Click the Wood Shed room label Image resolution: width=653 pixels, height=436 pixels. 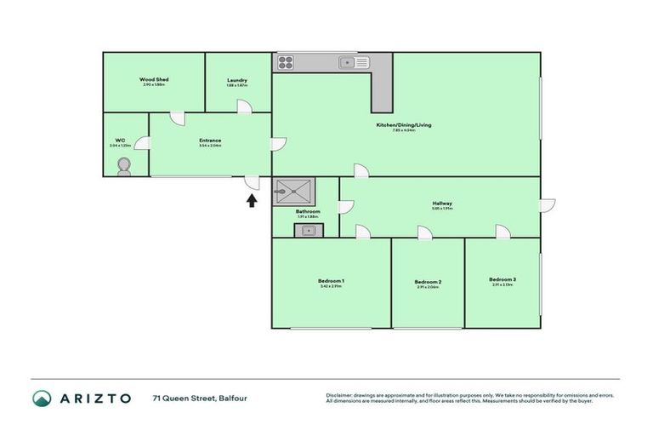(154, 79)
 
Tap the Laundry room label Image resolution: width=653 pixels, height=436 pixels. (237, 80)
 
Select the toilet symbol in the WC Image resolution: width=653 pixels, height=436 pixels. (126, 169)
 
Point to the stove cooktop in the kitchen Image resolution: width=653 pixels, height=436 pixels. (285, 61)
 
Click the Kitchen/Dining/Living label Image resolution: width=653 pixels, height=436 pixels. (404, 125)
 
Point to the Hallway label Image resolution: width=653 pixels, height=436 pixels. (442, 203)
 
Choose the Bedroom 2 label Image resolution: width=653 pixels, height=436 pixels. (428, 282)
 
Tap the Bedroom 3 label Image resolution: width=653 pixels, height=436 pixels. (503, 279)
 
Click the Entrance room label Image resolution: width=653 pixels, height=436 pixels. (210, 141)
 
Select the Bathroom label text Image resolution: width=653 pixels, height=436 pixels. (308, 211)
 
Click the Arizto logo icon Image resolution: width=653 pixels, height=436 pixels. (43, 398)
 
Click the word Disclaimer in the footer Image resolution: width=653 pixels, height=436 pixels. (339, 395)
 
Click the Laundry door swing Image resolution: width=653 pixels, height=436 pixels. (242, 106)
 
